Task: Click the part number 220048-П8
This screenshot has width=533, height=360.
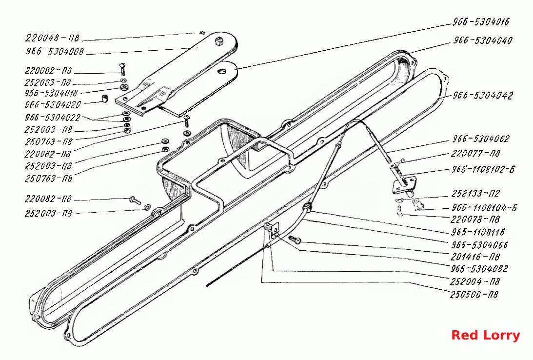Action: click(x=52, y=38)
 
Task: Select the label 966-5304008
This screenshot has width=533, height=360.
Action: click(x=55, y=51)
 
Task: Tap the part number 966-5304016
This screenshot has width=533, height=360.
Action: click(x=481, y=22)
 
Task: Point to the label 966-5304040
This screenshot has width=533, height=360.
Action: click(x=483, y=40)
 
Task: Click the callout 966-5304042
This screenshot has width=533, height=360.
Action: click(x=482, y=96)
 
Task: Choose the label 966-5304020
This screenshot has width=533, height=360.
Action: click(x=53, y=104)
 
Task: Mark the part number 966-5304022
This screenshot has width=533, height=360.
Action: click(x=52, y=118)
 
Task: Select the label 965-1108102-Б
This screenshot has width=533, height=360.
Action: click(x=483, y=169)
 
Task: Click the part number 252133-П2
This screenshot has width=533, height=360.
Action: click(x=475, y=194)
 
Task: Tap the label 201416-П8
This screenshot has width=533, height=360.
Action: click(x=475, y=256)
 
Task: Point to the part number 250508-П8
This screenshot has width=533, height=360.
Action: click(x=474, y=294)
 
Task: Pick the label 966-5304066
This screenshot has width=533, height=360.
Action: click(x=480, y=245)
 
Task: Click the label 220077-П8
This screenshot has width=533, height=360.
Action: click(x=475, y=154)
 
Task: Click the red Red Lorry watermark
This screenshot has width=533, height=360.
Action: click(x=485, y=335)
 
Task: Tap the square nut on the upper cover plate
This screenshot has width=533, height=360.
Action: click(x=218, y=41)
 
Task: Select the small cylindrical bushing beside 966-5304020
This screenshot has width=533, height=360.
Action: click(x=104, y=98)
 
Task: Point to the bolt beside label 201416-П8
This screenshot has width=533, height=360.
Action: click(x=295, y=240)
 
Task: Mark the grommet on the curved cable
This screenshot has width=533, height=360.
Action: click(x=307, y=207)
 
